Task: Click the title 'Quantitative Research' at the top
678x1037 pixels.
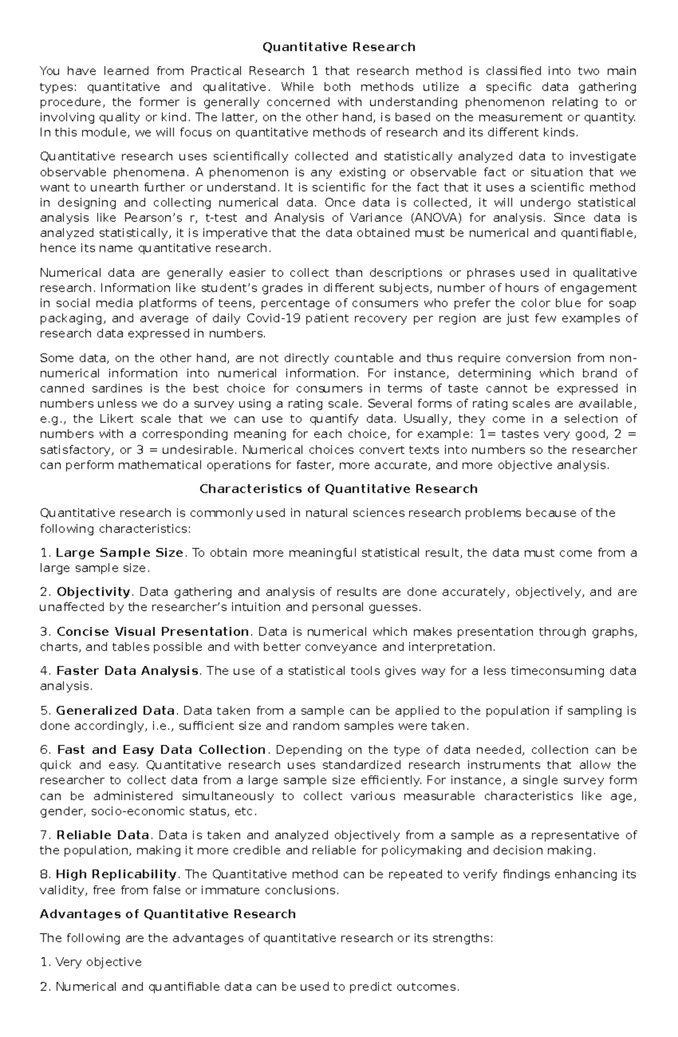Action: coord(338,47)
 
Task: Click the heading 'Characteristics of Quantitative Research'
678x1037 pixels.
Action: coord(338,489)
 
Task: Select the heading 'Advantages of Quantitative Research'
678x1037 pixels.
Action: coord(168,914)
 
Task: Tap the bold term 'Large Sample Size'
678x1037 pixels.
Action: coord(119,553)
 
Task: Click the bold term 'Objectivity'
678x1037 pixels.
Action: coord(93,592)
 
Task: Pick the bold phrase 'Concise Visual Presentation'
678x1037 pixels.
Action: coord(153,631)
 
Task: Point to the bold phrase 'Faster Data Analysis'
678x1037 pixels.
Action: coord(127,671)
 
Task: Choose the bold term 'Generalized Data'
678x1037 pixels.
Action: coord(116,710)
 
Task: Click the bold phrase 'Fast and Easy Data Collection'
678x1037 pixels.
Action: coord(162,750)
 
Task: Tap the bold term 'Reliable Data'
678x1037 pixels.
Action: coord(103,835)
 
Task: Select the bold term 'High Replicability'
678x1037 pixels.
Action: coord(116,874)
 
